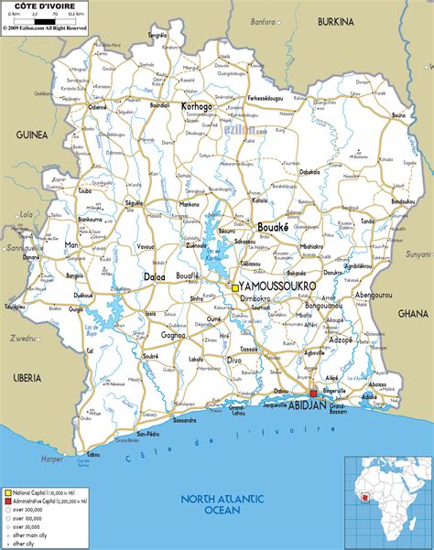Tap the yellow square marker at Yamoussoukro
pos(235,288)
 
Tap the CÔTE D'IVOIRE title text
pos(33,7)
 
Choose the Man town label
pos(71,245)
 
